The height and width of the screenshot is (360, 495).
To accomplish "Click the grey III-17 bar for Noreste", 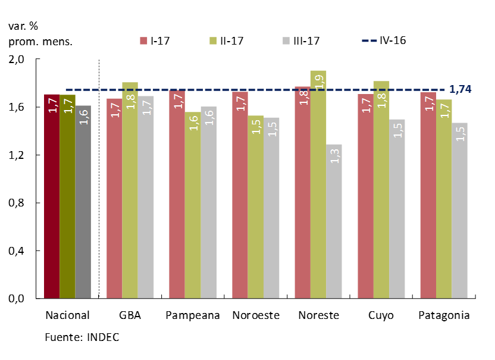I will (334, 221).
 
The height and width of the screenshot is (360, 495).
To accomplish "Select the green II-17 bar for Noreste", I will (318, 184).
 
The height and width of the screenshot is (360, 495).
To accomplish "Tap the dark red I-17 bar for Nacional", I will (52, 196).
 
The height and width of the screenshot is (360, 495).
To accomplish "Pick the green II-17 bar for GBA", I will (130, 190).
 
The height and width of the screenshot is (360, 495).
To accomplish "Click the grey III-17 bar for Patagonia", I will (459, 211).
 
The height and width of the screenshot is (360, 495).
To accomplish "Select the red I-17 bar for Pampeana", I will (177, 194).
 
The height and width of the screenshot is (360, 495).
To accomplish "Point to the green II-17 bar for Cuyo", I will (381, 190).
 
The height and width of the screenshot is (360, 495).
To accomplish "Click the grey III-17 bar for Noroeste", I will (271, 208).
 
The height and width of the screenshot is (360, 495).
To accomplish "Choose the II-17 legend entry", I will (227, 40).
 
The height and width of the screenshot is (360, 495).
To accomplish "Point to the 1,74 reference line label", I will (460, 89).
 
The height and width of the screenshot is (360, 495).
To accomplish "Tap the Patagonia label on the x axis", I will (444, 315).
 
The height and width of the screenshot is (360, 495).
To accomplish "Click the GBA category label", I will (130, 315).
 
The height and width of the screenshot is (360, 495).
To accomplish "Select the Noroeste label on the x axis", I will (256, 315).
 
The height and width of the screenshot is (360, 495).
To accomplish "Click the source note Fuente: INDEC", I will (82, 337).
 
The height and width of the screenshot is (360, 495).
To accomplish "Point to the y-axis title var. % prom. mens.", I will (40, 34).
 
